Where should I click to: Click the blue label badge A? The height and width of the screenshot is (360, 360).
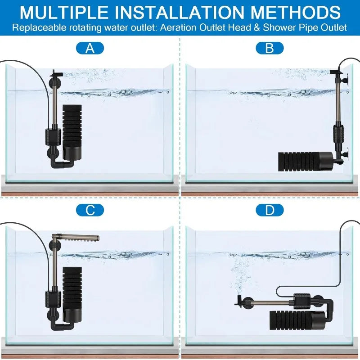(x=90, y=48)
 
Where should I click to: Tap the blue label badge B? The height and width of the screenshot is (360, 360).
(x=270, y=48)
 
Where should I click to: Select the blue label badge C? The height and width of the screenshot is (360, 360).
(x=90, y=210)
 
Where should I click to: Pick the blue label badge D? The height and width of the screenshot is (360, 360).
(x=270, y=210)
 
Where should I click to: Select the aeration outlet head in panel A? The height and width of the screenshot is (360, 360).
(x=54, y=73)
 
